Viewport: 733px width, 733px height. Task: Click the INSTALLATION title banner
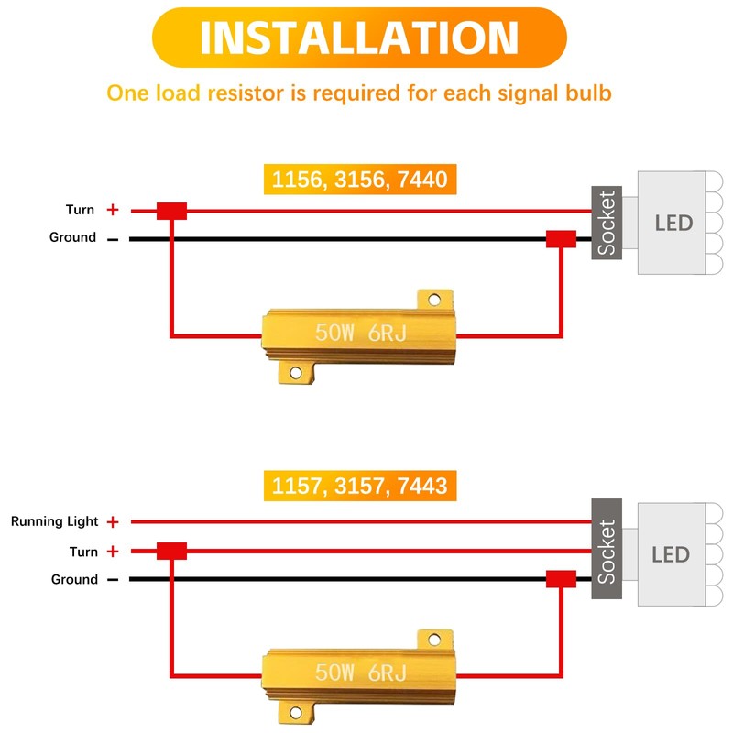[x=359, y=38]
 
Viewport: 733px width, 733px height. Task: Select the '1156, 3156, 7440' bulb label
[x=360, y=179]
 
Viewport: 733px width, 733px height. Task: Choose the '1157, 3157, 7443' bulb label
[x=360, y=486]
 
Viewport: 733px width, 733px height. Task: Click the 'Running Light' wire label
[x=55, y=521]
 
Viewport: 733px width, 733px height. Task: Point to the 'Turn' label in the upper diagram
[x=80, y=210]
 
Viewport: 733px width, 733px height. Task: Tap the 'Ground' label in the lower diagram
[x=74, y=579]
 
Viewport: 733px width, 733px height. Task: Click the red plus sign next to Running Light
[x=113, y=521]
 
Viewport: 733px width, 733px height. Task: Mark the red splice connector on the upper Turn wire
[x=171, y=212]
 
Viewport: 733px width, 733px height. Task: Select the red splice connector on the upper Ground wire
[x=561, y=239]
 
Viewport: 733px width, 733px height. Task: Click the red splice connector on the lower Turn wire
[x=171, y=552]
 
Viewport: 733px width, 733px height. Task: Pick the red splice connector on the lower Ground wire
[x=561, y=579]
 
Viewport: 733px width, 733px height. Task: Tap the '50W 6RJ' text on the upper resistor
[x=361, y=333]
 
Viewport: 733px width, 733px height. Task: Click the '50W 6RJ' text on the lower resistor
[x=361, y=673]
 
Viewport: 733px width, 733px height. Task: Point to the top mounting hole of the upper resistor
[x=434, y=300]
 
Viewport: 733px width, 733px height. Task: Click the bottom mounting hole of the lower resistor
[x=295, y=713]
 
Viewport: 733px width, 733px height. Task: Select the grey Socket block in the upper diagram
[x=607, y=223]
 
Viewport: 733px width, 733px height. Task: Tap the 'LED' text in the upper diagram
[x=673, y=223]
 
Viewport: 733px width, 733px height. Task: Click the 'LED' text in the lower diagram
[x=671, y=555]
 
